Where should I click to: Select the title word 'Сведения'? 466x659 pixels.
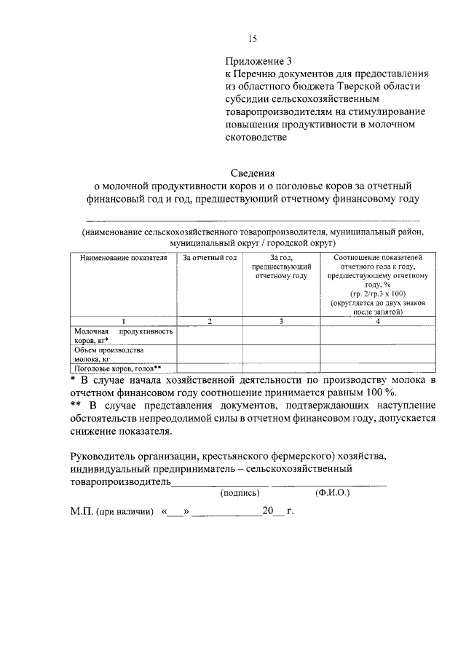(x=253, y=173)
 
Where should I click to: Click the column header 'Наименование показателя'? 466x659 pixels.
(x=123, y=258)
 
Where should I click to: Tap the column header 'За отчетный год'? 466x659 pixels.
(x=210, y=258)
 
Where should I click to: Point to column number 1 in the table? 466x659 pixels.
(x=123, y=320)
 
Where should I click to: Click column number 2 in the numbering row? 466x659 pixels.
(x=210, y=320)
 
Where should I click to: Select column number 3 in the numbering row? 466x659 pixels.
(x=281, y=320)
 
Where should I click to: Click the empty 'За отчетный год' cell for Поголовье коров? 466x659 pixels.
(x=210, y=368)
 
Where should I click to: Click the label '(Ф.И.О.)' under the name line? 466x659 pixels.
(x=333, y=493)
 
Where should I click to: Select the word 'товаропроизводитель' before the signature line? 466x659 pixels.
(x=120, y=481)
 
